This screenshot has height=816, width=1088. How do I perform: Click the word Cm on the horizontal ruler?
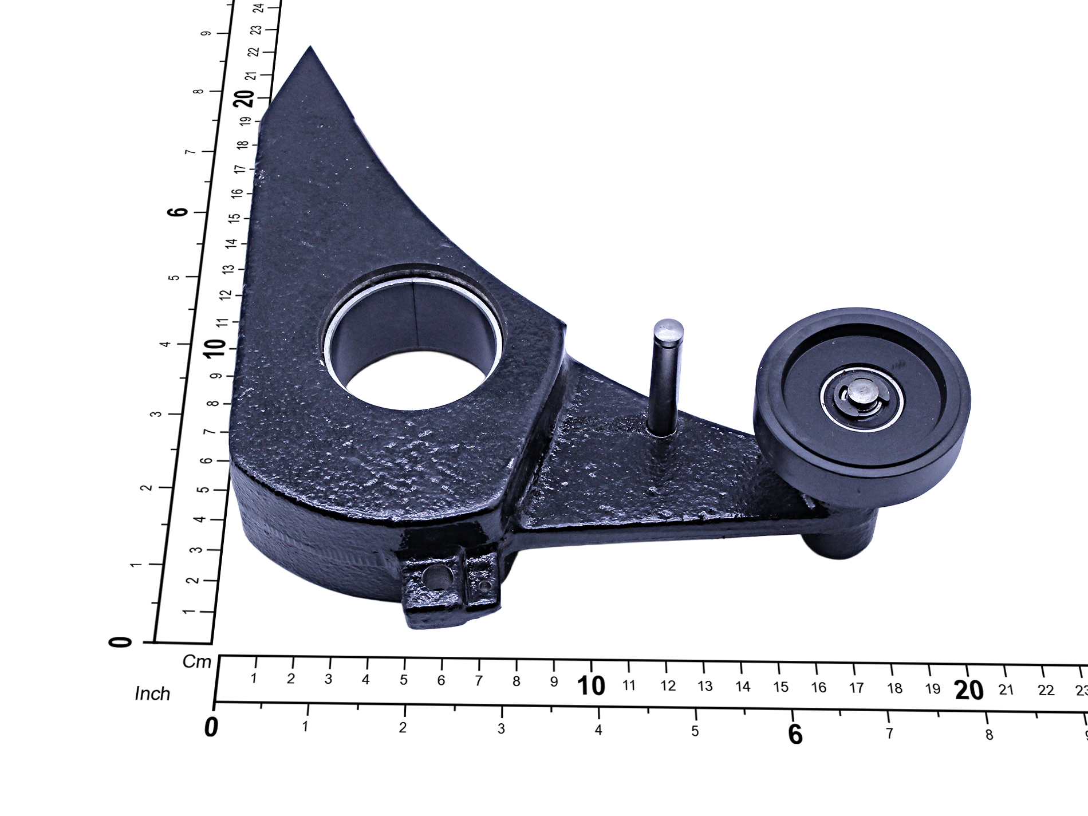[197, 662]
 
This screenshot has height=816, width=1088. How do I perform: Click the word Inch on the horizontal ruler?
[152, 693]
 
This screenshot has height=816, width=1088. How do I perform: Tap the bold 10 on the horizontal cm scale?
[591, 685]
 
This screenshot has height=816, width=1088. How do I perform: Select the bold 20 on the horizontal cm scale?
[969, 690]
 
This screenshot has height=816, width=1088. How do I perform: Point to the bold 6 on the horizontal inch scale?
[795, 734]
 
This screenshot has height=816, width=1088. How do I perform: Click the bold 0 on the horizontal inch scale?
[211, 727]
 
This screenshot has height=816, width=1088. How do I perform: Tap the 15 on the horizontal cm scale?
[780, 687]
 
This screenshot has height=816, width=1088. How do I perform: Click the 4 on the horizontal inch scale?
[598, 730]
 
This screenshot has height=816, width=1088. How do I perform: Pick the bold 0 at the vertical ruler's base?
[120, 642]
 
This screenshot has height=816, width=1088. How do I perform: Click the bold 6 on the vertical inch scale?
[178, 211]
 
